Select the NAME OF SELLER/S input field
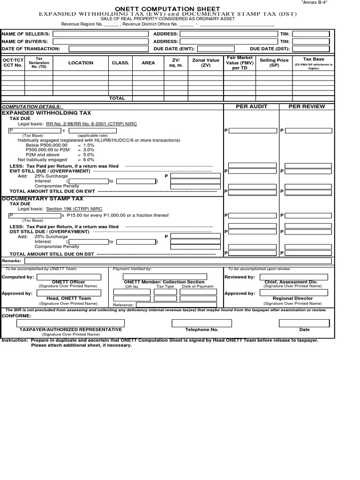tap(100, 34)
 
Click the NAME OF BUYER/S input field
tap(100, 41)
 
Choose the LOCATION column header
tap(81, 63)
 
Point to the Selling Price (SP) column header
tap(274, 63)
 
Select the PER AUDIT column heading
tap(251, 106)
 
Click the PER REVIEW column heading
tap(307, 106)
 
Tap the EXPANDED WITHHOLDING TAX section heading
tap(47, 113)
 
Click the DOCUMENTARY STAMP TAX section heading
tap(43, 199)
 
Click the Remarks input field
tap(178, 261)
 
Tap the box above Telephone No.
tap(202, 323)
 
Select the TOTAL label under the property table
tap(117, 98)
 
